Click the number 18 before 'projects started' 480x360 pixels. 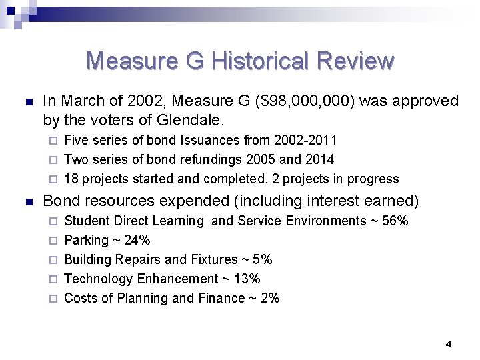pos(71,179)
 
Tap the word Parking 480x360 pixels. pos(86,240)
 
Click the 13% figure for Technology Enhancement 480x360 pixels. pos(247,279)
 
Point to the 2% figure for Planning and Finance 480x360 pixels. pos(269,298)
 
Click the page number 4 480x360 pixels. pos(448,344)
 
